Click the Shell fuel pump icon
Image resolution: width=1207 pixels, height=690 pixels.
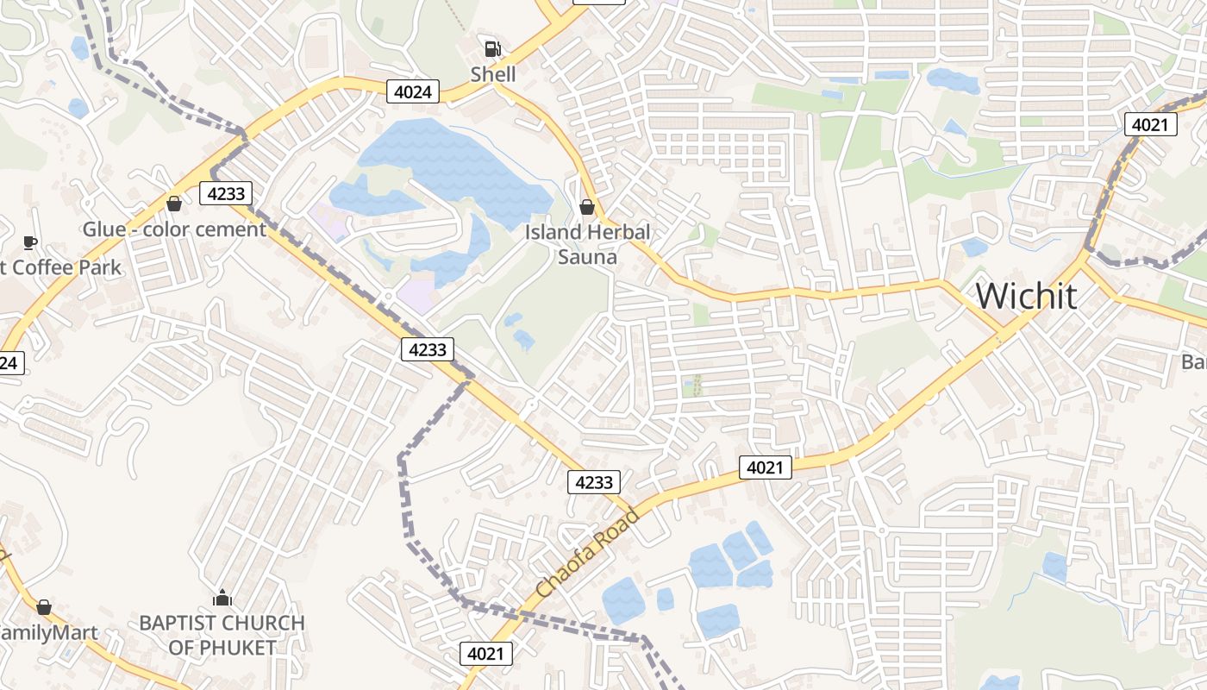[x=492, y=49]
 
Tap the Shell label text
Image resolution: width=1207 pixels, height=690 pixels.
[x=493, y=74]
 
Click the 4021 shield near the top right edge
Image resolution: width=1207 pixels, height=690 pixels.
[x=1150, y=124]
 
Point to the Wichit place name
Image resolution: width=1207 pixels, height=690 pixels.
[x=1026, y=296]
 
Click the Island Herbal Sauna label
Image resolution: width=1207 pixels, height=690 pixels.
[x=587, y=244]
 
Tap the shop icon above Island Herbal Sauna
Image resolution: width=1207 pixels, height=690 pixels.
[x=587, y=207]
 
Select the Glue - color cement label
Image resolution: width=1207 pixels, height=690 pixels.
[x=174, y=229]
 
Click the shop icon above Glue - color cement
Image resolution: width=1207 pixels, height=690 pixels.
[x=174, y=204]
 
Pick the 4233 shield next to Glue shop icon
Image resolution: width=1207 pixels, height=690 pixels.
[x=227, y=193]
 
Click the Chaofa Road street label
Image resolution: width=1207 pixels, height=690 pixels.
[x=587, y=553]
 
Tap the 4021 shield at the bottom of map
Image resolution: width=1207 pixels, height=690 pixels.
[x=485, y=654]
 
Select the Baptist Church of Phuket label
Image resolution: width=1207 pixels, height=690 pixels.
[x=222, y=635]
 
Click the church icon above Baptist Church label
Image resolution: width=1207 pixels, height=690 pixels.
[x=222, y=598]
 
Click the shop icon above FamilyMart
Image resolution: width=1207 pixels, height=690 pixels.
[x=44, y=607]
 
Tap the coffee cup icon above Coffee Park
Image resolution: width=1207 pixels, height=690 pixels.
[x=30, y=242]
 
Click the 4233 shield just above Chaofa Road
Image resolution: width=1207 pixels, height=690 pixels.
[x=594, y=482]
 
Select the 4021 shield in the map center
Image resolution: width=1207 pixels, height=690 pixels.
[x=765, y=467]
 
